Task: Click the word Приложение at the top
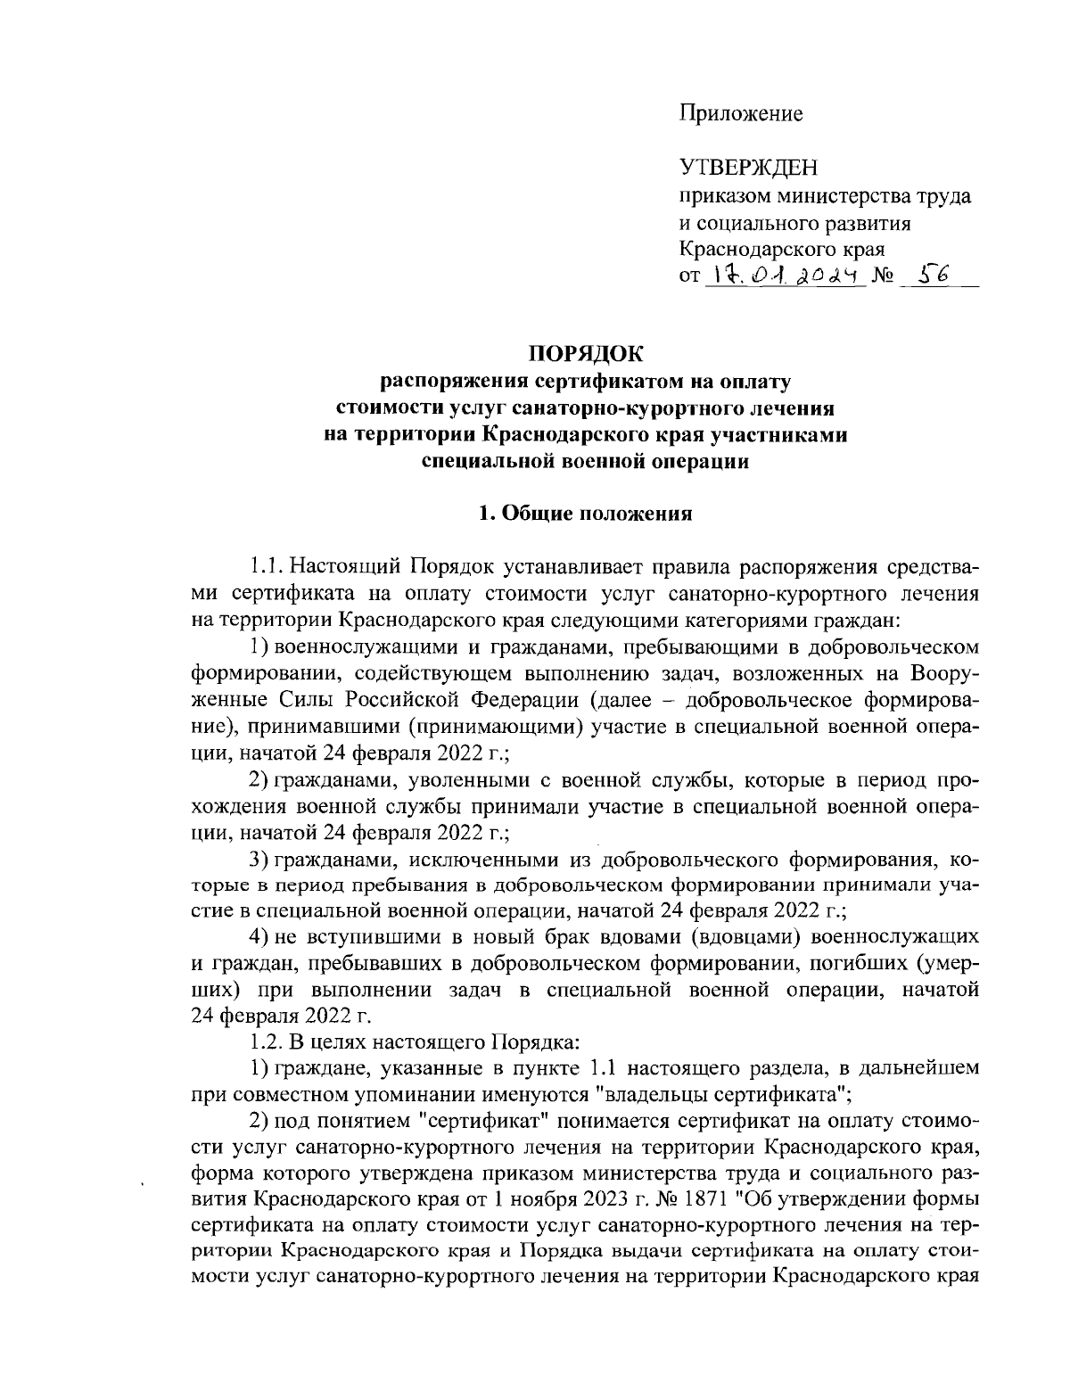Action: pos(741,113)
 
